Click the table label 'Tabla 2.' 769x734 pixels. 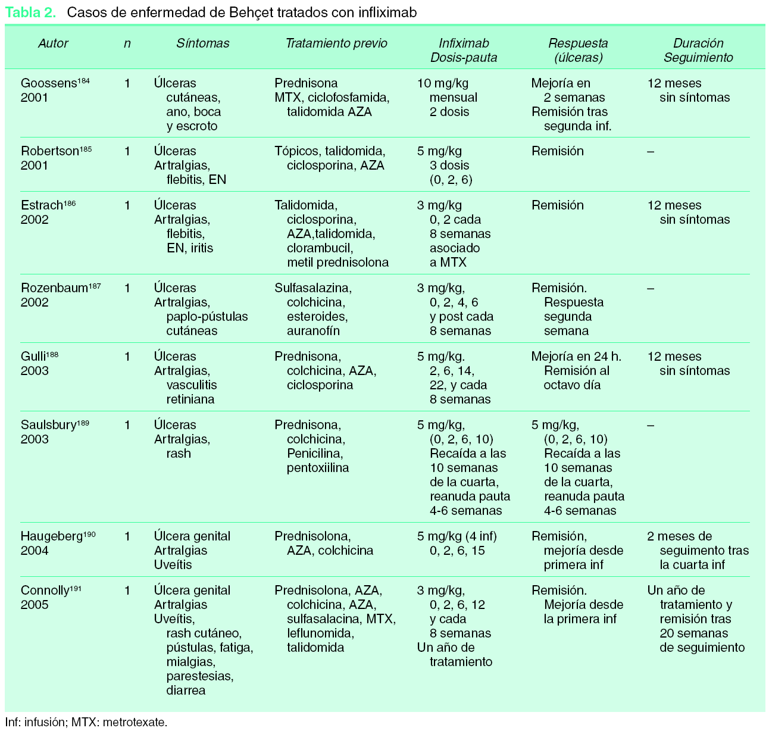click(30, 13)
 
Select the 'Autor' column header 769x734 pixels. click(53, 43)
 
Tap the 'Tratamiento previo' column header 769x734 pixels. click(336, 43)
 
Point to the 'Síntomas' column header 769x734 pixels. click(202, 43)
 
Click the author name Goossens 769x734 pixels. click(49, 84)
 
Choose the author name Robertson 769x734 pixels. click(50, 152)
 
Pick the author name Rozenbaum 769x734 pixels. click(54, 289)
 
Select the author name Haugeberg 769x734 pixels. click(51, 537)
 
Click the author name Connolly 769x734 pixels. click(45, 591)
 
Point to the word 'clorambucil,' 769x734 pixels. click(320, 248)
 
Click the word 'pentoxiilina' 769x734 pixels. click(318, 468)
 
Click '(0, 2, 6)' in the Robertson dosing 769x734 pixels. click(451, 180)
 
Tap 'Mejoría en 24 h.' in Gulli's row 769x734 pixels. click(576, 357)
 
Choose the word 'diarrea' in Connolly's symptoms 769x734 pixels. click(186, 691)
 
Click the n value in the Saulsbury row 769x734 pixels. click(127, 425)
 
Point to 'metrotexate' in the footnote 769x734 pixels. click(135, 723)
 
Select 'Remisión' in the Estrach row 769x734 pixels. click(558, 205)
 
